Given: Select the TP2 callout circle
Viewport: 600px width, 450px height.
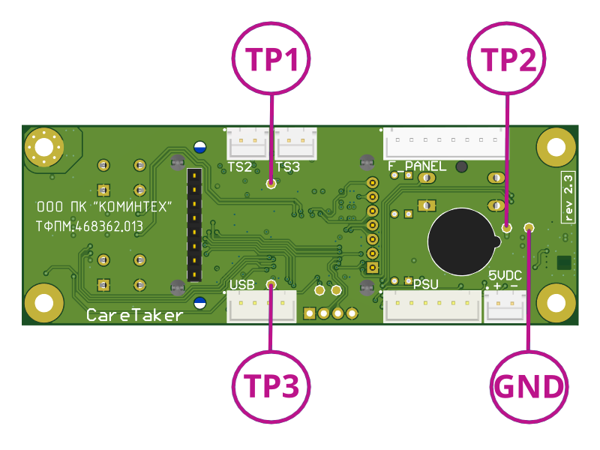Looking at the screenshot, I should click(x=507, y=60).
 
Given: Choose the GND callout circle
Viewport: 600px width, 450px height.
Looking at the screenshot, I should click(x=529, y=387).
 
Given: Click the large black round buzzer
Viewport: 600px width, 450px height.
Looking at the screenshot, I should click(x=460, y=241).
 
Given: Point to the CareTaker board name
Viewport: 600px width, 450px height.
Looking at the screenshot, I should click(x=135, y=315).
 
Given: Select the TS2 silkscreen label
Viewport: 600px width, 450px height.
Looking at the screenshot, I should click(x=239, y=166).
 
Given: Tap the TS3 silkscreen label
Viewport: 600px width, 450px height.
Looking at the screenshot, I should click(x=287, y=166).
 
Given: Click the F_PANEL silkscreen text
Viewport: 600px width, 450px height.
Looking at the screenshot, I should click(x=416, y=166).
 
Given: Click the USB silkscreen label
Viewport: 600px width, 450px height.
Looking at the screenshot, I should click(x=243, y=285).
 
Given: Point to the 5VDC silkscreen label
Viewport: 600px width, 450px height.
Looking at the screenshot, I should click(x=504, y=276).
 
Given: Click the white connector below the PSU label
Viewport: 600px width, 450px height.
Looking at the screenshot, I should click(x=433, y=307).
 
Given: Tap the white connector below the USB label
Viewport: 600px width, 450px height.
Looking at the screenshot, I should click(x=262, y=306).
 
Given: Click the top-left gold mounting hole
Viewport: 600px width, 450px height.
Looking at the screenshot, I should click(x=43, y=147).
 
